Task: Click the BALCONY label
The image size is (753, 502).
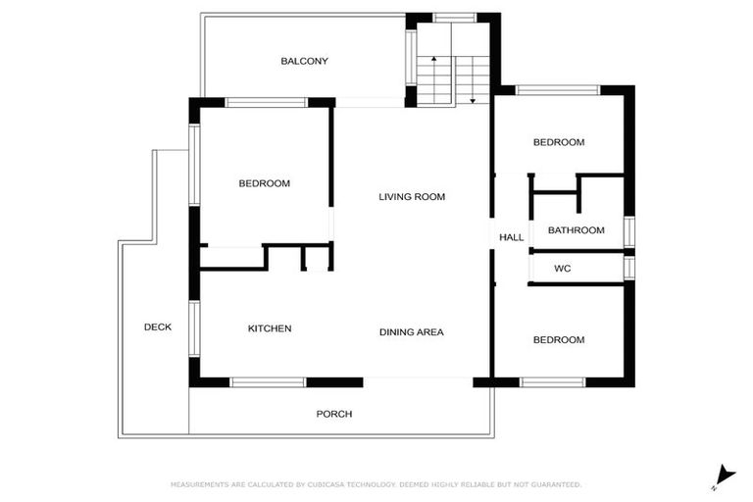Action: click(x=304, y=61)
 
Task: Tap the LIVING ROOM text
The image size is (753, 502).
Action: click(x=412, y=197)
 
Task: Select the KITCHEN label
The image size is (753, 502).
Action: click(x=269, y=328)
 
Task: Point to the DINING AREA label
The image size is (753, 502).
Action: click(x=411, y=332)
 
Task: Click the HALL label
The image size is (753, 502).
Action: click(x=511, y=237)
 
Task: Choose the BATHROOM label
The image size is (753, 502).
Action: click(x=576, y=230)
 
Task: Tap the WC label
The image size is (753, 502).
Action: click(x=562, y=268)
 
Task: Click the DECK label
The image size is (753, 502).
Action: click(x=157, y=327)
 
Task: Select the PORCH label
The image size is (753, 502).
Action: click(x=333, y=414)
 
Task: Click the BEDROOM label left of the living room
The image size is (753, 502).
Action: click(x=265, y=183)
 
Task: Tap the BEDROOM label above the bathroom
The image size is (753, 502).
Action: click(x=558, y=142)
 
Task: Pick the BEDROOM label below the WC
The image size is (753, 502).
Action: click(x=558, y=340)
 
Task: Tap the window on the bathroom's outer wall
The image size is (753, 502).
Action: click(x=629, y=230)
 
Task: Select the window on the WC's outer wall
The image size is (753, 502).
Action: click(x=629, y=268)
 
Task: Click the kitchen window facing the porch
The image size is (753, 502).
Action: click(x=268, y=382)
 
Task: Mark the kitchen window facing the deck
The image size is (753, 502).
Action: click(x=194, y=328)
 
